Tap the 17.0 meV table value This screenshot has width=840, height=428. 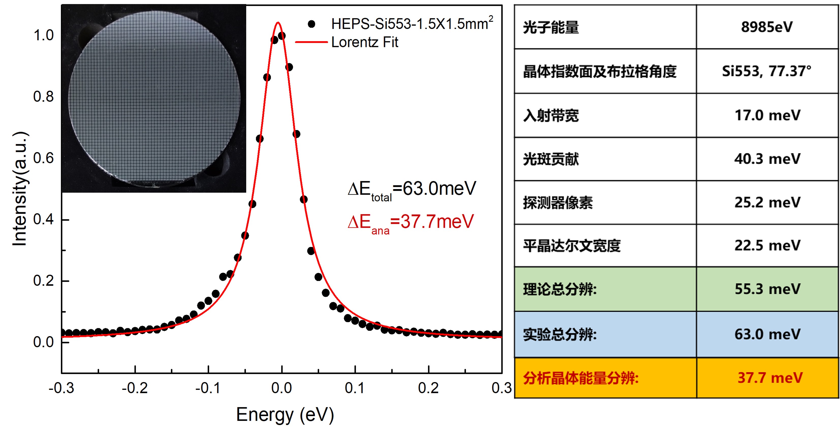pyautogui.click(x=767, y=115)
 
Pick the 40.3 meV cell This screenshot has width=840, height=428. pyautogui.click(x=767, y=159)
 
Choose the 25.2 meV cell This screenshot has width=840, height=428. pyautogui.click(x=767, y=202)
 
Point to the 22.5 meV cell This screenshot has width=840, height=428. pyautogui.click(x=767, y=245)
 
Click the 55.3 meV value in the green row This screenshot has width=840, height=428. pyautogui.click(x=767, y=289)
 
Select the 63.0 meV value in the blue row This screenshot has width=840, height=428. pyautogui.click(x=767, y=334)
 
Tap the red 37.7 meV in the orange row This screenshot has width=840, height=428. pyautogui.click(x=770, y=378)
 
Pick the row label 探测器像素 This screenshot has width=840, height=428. pyautogui.click(x=558, y=203)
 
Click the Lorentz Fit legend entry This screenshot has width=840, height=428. pyautogui.click(x=364, y=42)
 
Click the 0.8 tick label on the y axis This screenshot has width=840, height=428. pyautogui.click(x=43, y=97)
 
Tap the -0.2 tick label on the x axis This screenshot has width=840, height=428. pyautogui.click(x=135, y=388)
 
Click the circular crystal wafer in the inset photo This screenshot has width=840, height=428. pyautogui.click(x=154, y=98)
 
